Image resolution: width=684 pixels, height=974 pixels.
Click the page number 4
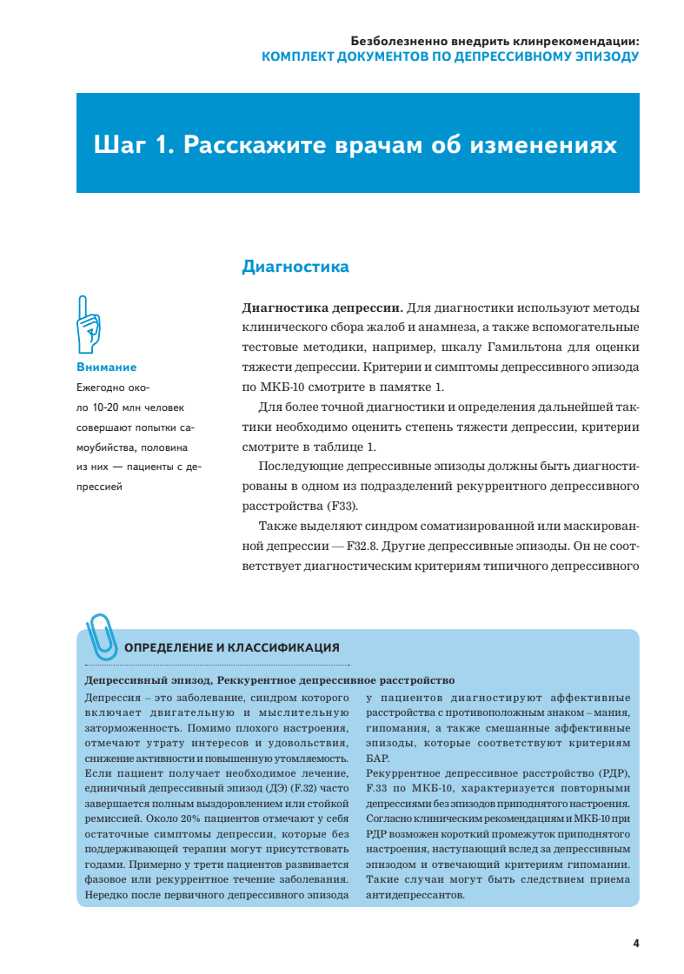636,943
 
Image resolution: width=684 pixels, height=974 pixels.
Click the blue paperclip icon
102,633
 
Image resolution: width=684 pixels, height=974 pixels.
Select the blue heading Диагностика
295,267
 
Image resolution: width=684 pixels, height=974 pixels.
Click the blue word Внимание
106,368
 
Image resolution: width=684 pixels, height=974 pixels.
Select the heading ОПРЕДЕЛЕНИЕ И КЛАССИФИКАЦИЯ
232,647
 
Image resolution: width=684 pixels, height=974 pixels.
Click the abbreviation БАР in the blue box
378,759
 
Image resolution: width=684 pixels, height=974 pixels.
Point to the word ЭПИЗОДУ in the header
601,56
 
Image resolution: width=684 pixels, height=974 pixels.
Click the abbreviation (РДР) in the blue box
614,774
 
